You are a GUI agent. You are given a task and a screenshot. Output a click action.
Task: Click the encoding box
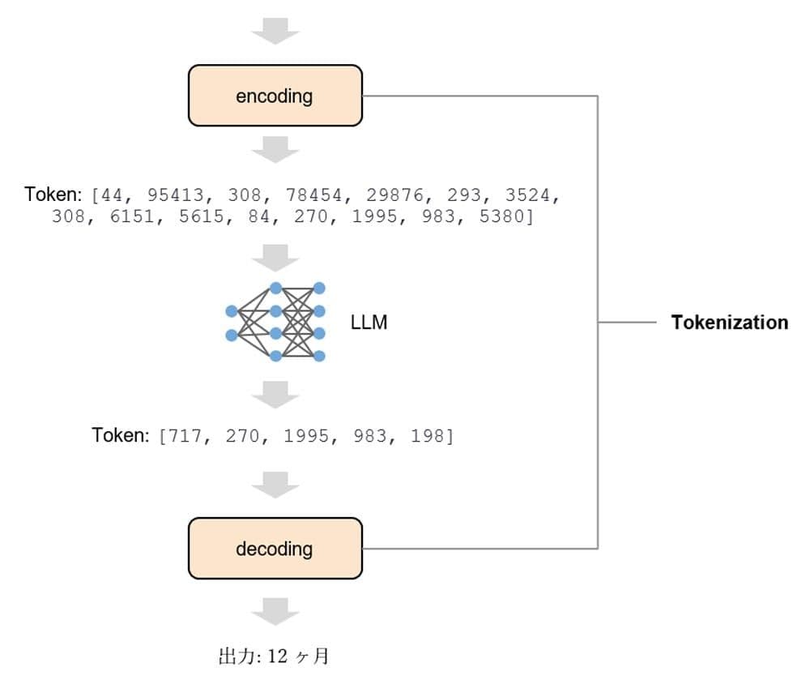click(275, 95)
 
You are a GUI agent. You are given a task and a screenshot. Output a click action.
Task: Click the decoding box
click(275, 548)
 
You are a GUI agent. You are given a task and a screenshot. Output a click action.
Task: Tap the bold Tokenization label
click(730, 322)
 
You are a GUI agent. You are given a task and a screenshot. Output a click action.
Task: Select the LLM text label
click(369, 322)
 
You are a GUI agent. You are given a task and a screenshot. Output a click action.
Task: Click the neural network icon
click(275, 322)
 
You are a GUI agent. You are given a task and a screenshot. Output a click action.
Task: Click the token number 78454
click(313, 195)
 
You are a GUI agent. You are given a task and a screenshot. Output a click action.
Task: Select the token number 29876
click(394, 195)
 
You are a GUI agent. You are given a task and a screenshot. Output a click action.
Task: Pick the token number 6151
click(132, 216)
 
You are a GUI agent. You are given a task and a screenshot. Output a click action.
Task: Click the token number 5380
click(501, 216)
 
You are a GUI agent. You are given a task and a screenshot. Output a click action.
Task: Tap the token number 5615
click(202, 216)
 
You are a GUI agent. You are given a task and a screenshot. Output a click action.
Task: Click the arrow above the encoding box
click(275, 31)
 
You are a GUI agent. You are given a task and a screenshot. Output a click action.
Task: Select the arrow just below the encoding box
click(275, 150)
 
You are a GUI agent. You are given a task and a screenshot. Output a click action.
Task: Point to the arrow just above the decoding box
click(275, 485)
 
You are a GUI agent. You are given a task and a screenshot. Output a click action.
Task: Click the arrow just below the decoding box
click(275, 612)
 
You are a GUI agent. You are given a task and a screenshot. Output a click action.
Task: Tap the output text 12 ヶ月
click(298, 656)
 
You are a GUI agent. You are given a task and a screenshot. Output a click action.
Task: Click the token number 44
click(112, 195)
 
